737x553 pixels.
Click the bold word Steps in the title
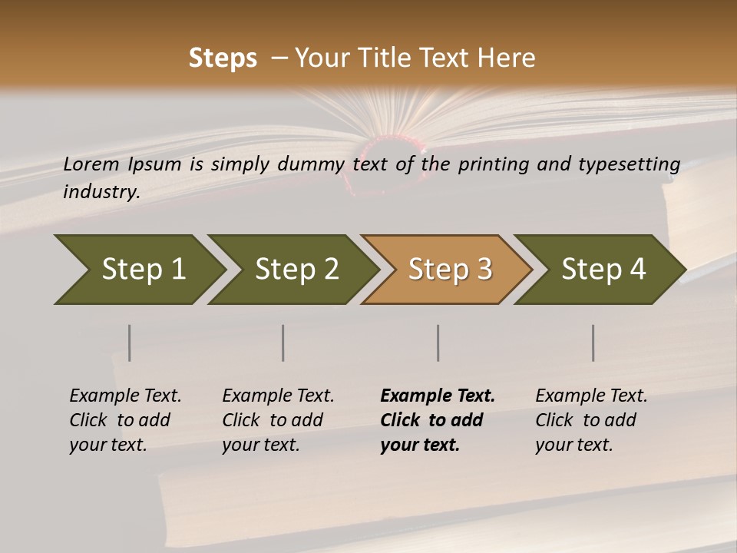223,58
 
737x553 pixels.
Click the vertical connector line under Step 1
130,343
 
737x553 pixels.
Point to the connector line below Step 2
283,343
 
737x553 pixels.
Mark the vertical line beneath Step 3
438,343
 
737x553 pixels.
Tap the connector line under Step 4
593,343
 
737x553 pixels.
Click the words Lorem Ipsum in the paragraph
122,164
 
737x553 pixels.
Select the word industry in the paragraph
101,191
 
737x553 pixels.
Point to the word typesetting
627,164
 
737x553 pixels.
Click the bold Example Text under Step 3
438,396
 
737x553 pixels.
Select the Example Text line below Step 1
125,396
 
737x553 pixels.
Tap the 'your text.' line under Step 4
573,445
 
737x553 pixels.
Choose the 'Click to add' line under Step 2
273,420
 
